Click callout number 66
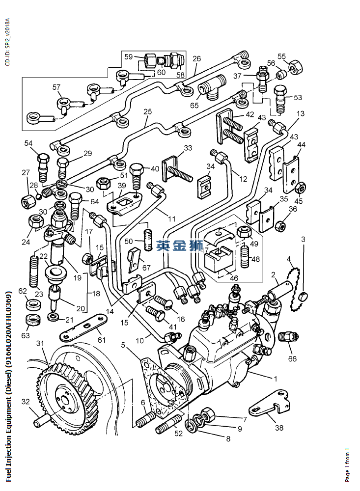point(292,359)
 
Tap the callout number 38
point(279,428)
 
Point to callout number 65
point(194,105)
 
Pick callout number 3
point(304,240)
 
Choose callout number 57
point(56,87)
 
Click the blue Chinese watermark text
point(180,245)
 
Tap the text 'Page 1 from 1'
point(348,464)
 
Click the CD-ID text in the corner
point(7,42)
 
